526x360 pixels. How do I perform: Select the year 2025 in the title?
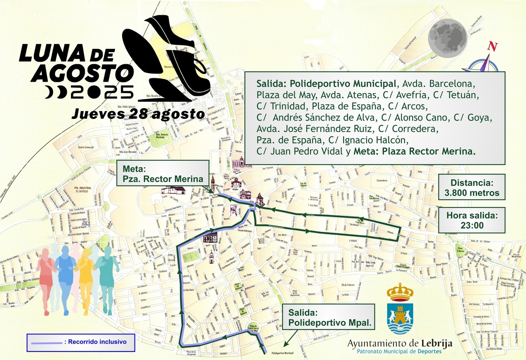coord(103,92)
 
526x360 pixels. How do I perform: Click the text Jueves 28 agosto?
coord(138,114)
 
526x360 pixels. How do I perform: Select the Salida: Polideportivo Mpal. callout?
coord(328,317)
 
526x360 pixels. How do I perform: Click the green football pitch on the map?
coord(191,257)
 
